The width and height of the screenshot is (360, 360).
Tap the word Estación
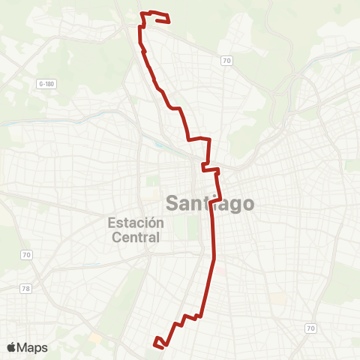136,223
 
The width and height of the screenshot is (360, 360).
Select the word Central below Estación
136,238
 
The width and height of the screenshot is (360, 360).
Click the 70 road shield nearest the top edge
225,59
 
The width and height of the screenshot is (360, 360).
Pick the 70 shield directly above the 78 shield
27,256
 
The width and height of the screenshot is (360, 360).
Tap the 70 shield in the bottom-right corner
310,328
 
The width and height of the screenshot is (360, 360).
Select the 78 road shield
27,288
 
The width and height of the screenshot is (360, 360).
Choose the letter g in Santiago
232,205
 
